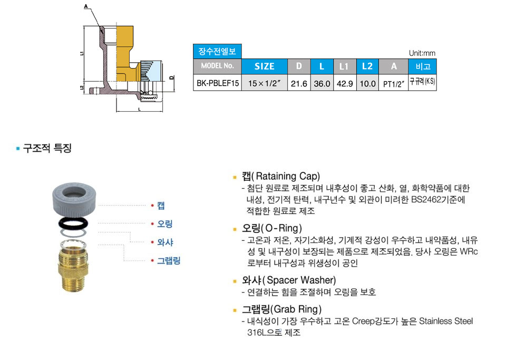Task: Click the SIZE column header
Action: (264, 66)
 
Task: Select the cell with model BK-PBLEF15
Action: (218, 83)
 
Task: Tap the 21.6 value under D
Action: (299, 83)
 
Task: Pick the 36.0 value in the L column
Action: (322, 83)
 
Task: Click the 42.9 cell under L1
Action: (344, 83)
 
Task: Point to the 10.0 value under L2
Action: (367, 83)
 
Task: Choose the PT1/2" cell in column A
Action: (393, 83)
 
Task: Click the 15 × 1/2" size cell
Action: (264, 83)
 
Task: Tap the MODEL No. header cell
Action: (218, 66)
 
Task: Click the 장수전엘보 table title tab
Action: (217, 51)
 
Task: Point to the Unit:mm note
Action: (422, 53)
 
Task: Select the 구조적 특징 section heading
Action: (46, 149)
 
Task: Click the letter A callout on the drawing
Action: (85, 7)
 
